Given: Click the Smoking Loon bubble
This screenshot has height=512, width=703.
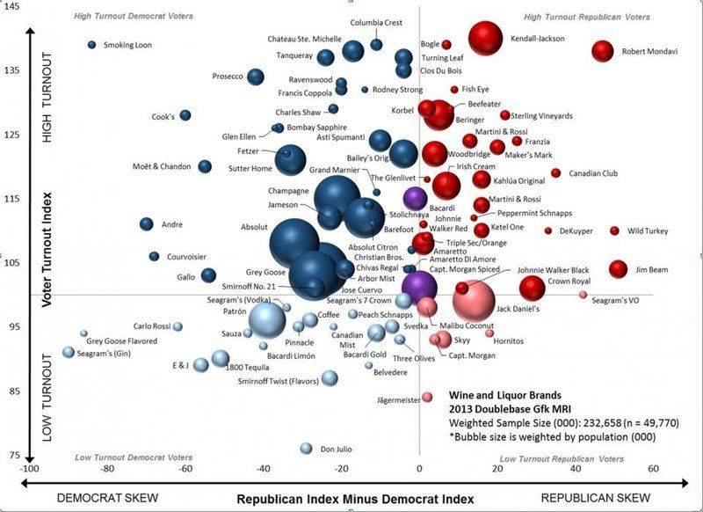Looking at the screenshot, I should (x=91, y=45).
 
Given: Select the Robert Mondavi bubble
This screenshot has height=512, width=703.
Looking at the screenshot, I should (x=602, y=51).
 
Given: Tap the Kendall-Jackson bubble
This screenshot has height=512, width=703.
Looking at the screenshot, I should (x=485, y=38).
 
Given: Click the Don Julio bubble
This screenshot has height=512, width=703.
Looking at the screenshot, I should (x=306, y=449).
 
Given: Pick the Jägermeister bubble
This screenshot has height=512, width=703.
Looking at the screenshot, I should (x=427, y=397).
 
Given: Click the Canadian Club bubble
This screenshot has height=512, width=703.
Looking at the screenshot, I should (x=555, y=173).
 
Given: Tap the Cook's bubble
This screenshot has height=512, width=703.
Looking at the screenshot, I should (x=185, y=115).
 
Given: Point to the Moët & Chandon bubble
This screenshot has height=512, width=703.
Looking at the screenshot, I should (x=205, y=166).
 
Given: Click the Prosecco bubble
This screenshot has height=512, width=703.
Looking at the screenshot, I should (x=256, y=77).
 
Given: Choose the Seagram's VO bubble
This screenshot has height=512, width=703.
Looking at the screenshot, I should (x=583, y=296).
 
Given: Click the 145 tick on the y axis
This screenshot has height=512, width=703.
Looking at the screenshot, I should (x=15, y=5).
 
